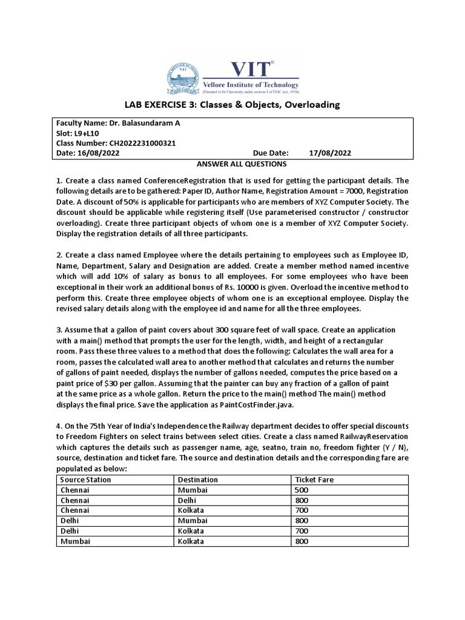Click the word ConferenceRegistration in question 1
(x=191, y=181)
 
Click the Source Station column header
(x=86, y=480)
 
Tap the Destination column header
(x=197, y=480)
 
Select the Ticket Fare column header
(x=314, y=480)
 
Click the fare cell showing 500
(x=302, y=490)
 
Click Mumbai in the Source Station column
(x=76, y=541)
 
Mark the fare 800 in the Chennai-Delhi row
(x=302, y=500)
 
